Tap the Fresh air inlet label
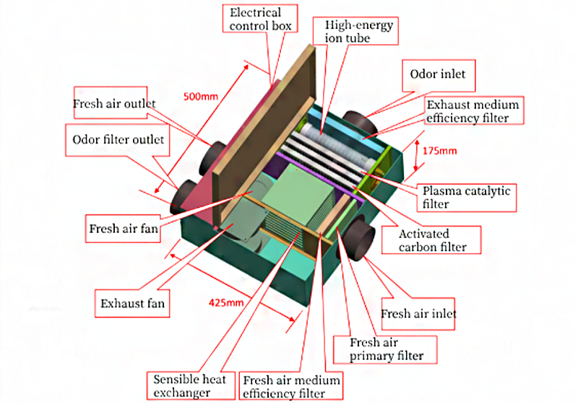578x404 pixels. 420,314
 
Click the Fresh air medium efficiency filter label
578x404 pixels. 291,386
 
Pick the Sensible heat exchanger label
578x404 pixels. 189,386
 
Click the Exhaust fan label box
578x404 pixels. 132,303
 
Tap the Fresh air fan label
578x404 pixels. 123,230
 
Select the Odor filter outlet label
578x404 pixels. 119,140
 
